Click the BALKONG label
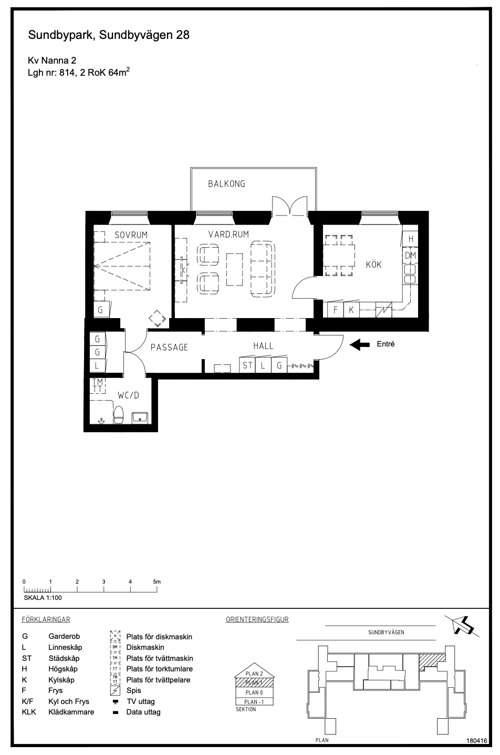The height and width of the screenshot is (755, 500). [226, 184]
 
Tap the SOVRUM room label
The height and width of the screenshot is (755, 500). [131, 235]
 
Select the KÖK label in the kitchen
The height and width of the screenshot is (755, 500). [373, 264]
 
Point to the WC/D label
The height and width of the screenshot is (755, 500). [128, 395]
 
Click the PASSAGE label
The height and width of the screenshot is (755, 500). [169, 348]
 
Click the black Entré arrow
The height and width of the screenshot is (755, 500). [360, 345]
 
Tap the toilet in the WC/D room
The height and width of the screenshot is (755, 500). [118, 414]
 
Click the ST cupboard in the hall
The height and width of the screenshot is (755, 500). [247, 365]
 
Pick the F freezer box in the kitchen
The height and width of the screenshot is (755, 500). [335, 310]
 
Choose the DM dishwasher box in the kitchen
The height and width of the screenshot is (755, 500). [410, 256]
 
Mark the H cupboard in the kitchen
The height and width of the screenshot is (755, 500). [411, 239]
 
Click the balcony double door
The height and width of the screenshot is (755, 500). [289, 206]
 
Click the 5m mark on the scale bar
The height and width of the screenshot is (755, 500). [157, 582]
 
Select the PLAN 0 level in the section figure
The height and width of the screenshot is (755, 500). [254, 692]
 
